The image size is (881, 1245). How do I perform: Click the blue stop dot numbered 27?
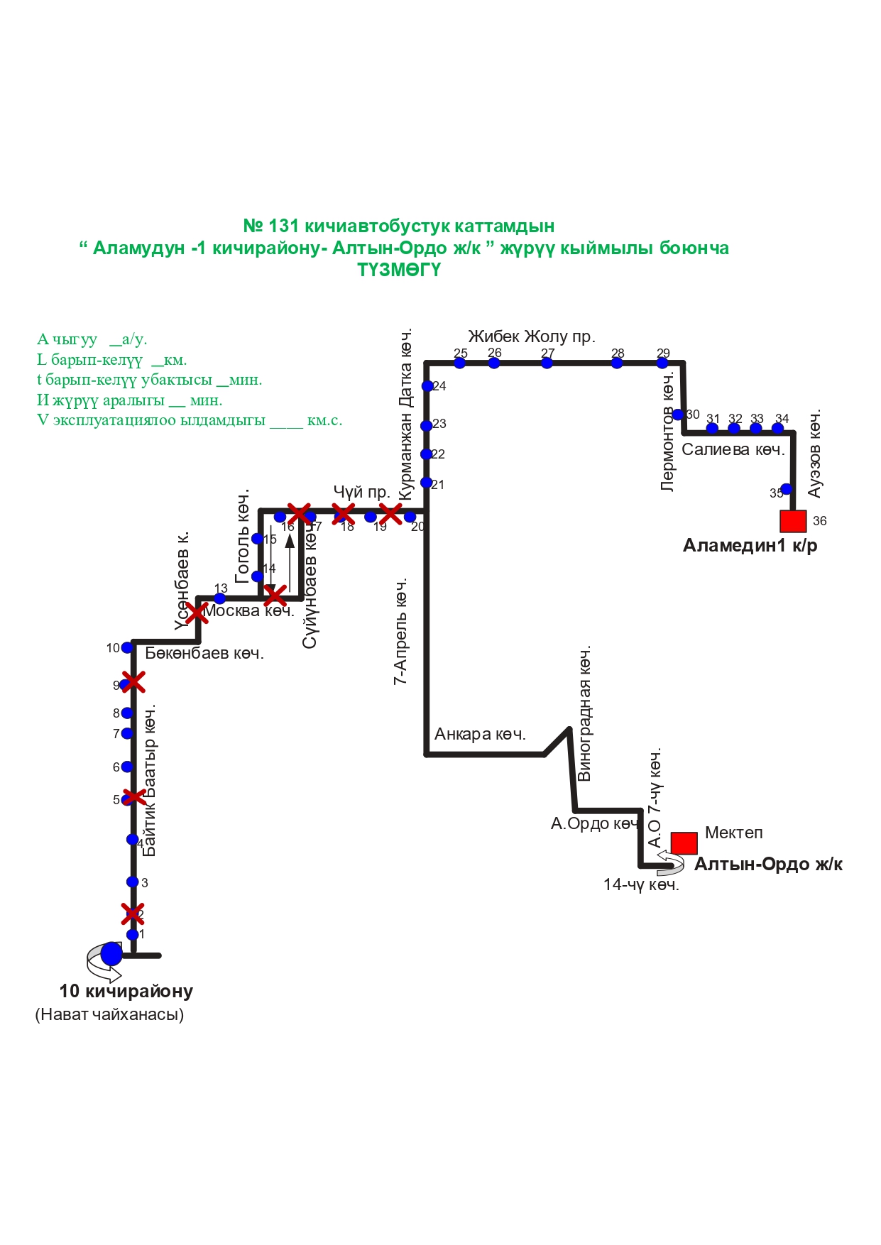tap(547, 363)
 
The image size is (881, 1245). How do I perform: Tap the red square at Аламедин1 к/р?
tap(793, 521)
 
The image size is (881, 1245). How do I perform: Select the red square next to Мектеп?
tap(684, 843)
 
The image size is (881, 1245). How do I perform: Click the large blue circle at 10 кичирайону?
tap(111, 954)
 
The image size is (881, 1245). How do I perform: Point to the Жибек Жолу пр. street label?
tap(531, 336)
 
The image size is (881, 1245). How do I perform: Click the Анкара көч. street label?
tap(480, 734)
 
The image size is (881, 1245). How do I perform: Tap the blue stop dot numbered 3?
tap(133, 882)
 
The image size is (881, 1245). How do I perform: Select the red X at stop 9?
tap(133, 682)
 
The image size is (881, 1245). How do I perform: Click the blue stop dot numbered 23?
tap(427, 426)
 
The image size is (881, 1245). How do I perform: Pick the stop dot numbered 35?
tap(786, 489)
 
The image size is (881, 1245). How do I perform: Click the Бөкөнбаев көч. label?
tap(204, 653)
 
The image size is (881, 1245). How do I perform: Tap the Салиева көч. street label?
tap(733, 449)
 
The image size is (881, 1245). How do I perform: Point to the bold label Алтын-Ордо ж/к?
tap(768, 865)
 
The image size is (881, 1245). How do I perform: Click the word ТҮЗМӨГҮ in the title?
tap(399, 270)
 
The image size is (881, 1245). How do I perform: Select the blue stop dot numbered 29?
tap(662, 363)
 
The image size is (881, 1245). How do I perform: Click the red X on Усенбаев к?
tap(196, 612)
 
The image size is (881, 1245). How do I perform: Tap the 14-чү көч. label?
tap(641, 885)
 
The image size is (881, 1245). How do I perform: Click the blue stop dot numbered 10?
tap(127, 647)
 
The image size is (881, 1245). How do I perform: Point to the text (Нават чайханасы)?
tap(109, 1014)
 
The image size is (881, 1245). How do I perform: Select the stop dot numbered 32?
tap(734, 428)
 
